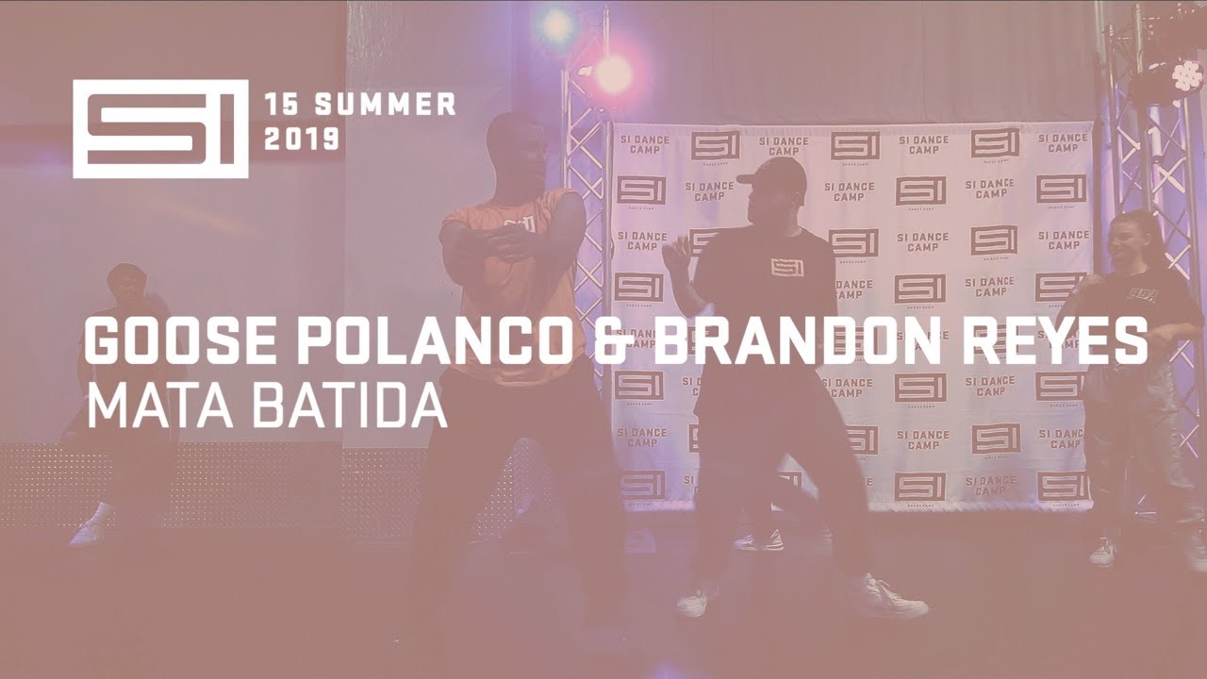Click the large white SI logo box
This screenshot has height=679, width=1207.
click(160, 129)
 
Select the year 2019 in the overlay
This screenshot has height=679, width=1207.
click(302, 140)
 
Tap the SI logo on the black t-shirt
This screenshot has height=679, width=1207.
click(786, 267)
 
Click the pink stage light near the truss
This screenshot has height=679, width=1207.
click(612, 74)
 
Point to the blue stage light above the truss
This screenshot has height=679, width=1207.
click(556, 25)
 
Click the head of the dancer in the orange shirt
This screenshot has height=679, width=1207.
click(516, 146)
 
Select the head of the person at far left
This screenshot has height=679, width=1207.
click(126, 282)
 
